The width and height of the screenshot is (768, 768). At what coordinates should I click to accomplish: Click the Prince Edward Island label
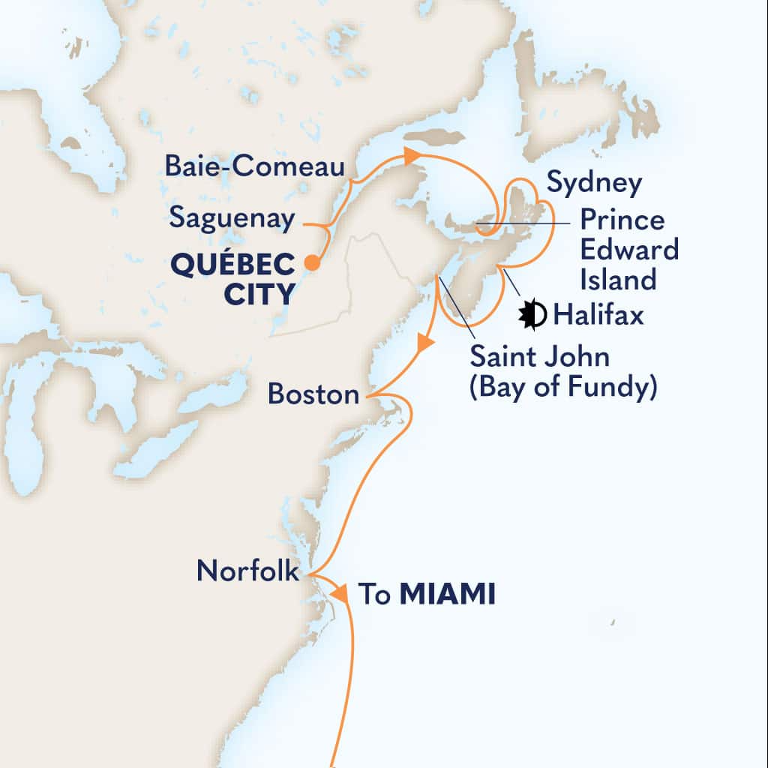tap(628, 250)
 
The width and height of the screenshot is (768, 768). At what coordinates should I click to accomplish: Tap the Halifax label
tap(598, 316)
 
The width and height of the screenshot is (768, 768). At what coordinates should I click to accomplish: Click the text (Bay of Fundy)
tap(563, 388)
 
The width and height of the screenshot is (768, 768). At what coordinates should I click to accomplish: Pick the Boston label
tap(313, 394)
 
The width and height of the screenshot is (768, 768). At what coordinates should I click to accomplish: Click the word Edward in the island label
tap(628, 250)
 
